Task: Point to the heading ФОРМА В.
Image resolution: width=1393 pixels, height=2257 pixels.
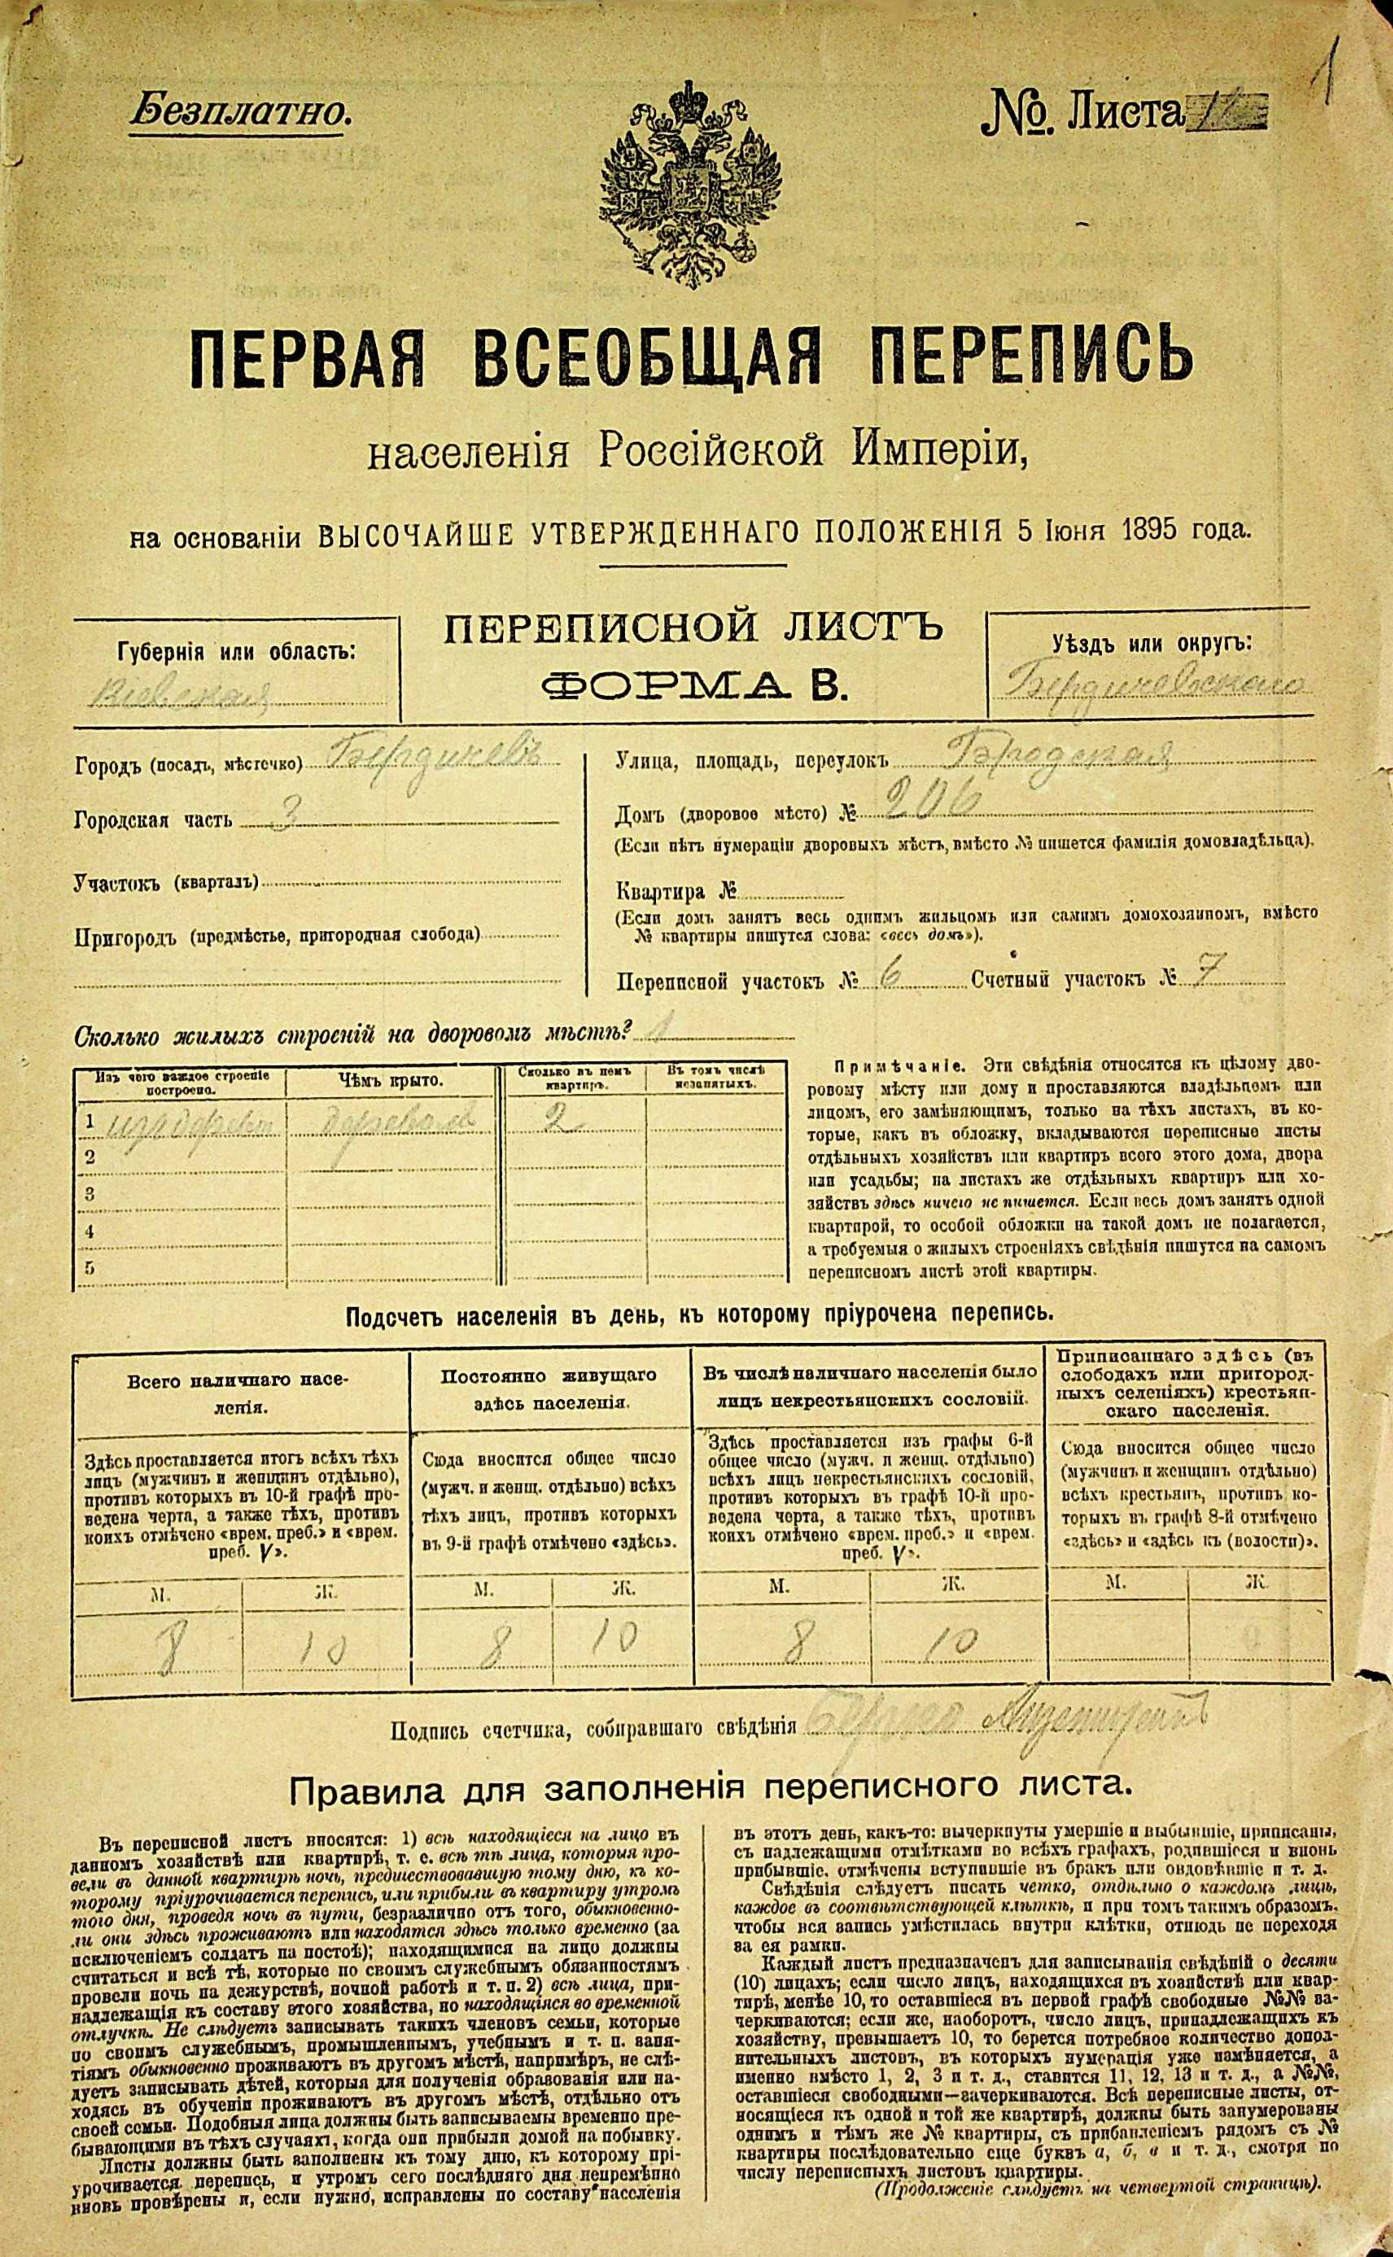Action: [693, 684]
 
